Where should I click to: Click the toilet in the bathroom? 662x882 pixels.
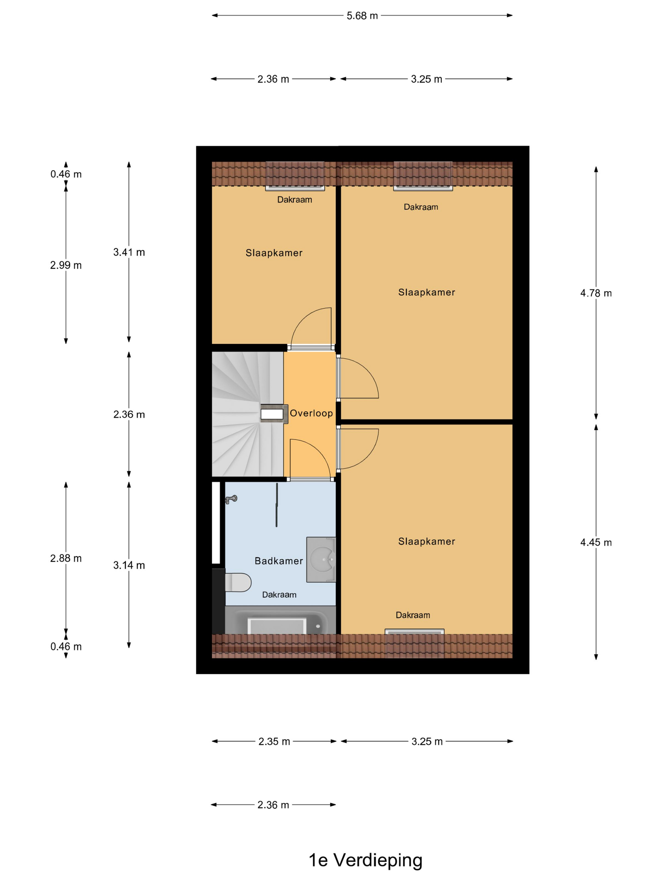pyautogui.click(x=238, y=582)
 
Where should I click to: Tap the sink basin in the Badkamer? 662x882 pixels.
pyautogui.click(x=321, y=559)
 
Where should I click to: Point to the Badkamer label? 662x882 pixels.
pyautogui.click(x=279, y=561)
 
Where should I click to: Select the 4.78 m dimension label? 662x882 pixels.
pyautogui.click(x=596, y=293)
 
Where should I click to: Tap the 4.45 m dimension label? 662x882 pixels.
pyautogui.click(x=596, y=542)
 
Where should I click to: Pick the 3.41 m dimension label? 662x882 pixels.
pyautogui.click(x=129, y=252)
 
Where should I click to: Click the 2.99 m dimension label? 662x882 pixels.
pyautogui.click(x=66, y=265)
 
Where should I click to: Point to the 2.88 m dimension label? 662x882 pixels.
pyautogui.click(x=66, y=558)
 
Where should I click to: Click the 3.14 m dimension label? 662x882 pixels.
pyautogui.click(x=129, y=565)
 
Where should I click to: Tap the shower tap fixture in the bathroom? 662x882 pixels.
pyautogui.click(x=231, y=499)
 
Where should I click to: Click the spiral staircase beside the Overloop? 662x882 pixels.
pyautogui.click(x=247, y=414)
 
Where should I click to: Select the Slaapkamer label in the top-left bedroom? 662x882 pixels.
pyautogui.click(x=274, y=253)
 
